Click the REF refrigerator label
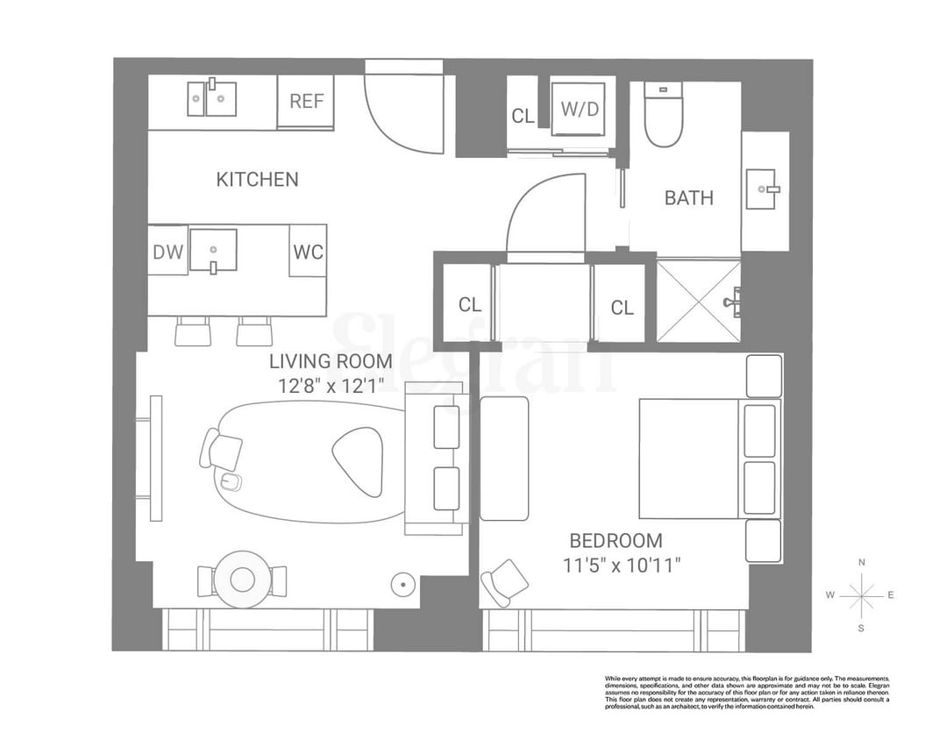(306, 101)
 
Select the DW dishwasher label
(167, 253)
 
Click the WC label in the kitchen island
(308, 253)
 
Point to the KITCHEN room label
(257, 180)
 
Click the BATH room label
(688, 198)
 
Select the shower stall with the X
(699, 300)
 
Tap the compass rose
(861, 595)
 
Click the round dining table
(241, 579)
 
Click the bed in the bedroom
(693, 459)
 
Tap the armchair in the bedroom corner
(507, 581)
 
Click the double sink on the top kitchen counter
(211, 98)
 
